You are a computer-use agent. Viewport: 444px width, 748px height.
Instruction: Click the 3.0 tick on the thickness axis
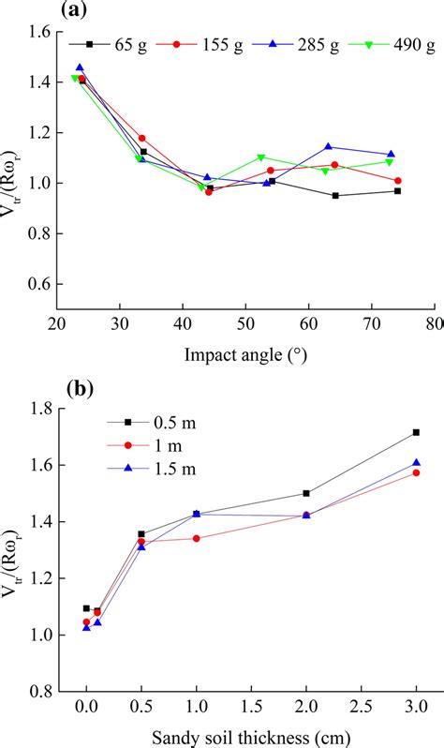tap(415, 705)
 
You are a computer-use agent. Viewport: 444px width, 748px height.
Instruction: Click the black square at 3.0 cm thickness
tap(415, 432)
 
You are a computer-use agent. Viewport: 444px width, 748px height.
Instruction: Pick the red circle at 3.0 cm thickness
tap(415, 472)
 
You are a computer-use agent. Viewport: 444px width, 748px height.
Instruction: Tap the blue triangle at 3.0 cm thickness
tap(415, 462)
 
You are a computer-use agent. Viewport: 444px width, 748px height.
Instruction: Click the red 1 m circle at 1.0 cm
tap(197, 538)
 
